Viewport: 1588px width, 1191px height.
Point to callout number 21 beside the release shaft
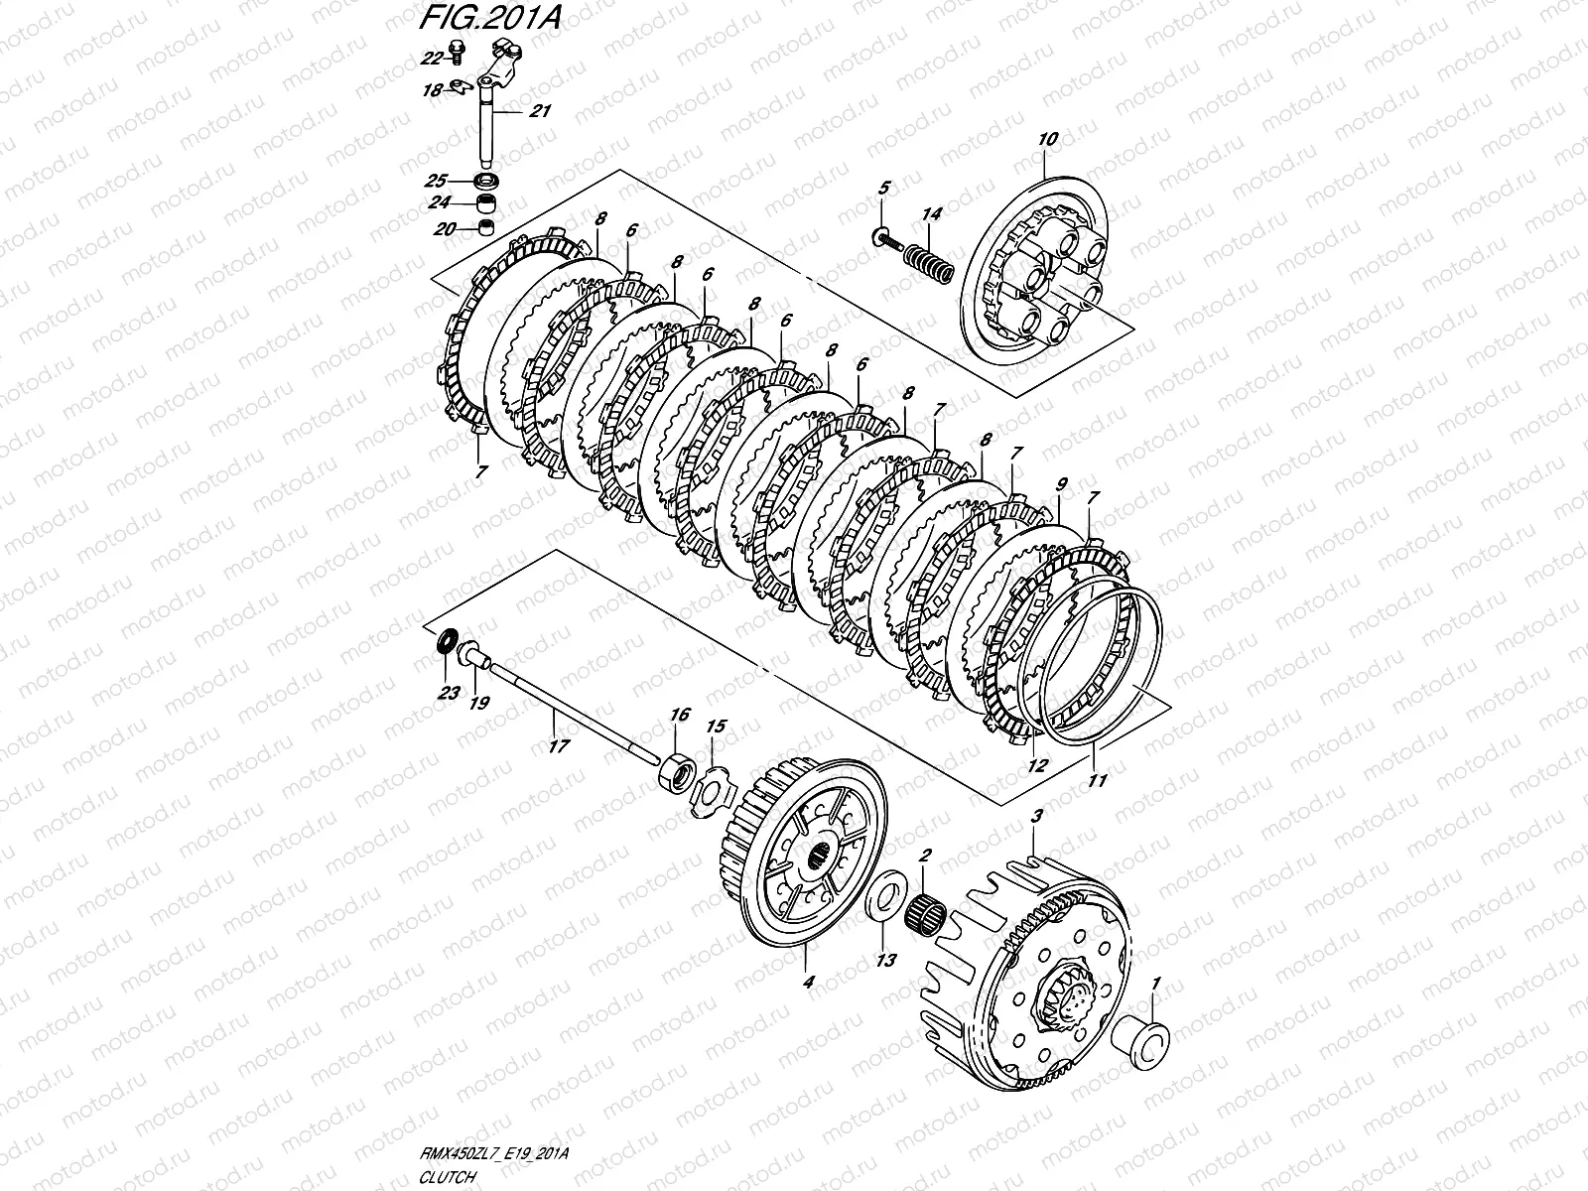click(539, 112)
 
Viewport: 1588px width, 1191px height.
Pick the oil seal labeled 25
click(487, 182)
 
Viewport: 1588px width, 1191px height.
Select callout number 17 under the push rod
click(559, 746)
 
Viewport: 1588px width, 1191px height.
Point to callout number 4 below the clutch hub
click(807, 983)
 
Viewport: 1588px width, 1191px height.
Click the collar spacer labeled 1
click(1143, 1042)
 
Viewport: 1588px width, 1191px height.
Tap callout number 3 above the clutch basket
click(1036, 816)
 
